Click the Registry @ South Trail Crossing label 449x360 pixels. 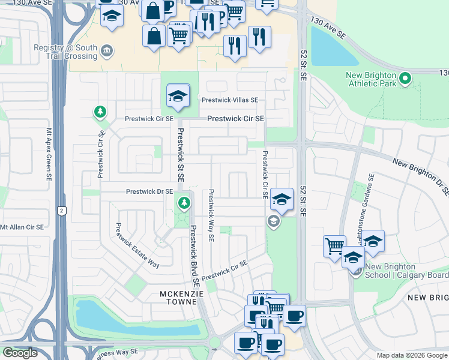pyautogui.click(x=65, y=52)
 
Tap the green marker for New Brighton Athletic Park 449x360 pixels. pyautogui.click(x=405, y=78)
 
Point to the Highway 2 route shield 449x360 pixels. pyautogui.click(x=61, y=210)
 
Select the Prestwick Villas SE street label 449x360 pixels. pyautogui.click(x=230, y=100)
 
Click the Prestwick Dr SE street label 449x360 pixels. pyautogui.click(x=149, y=192)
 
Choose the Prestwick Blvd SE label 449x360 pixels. pyautogui.click(x=194, y=255)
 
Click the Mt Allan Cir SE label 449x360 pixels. pyautogui.click(x=22, y=227)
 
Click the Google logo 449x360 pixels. pyautogui.click(x=20, y=353)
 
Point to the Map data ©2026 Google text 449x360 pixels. pyautogui.click(x=412, y=355)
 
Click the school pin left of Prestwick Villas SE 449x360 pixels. pyautogui.click(x=178, y=95)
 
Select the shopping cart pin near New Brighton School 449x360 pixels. pyautogui.click(x=334, y=245)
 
